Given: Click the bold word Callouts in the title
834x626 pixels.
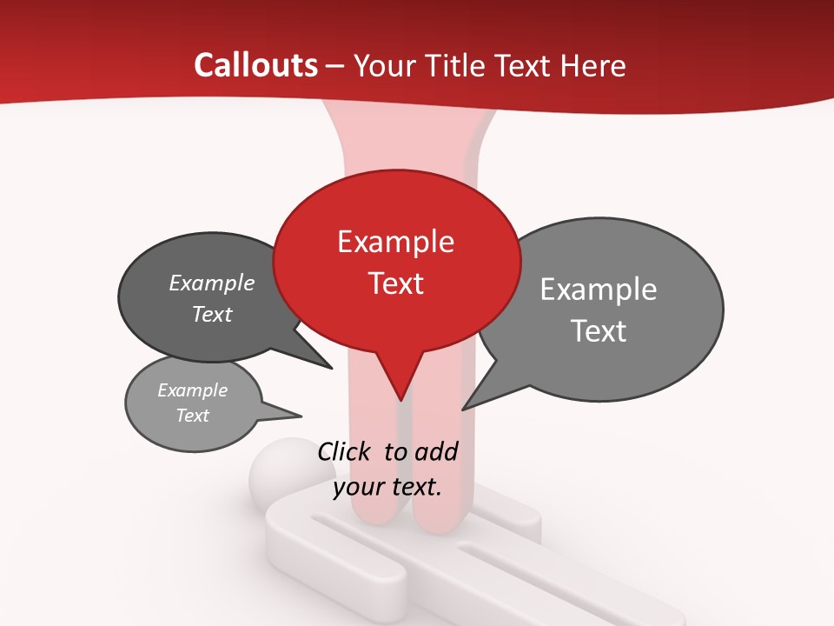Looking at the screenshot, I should (255, 65).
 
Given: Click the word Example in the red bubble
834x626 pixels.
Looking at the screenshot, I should (395, 242).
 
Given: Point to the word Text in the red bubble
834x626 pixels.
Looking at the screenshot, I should (395, 283).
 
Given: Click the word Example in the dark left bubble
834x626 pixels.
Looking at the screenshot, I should (211, 283).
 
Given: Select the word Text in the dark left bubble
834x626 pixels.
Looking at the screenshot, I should (211, 314).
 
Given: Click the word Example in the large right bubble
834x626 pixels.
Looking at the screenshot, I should (598, 289).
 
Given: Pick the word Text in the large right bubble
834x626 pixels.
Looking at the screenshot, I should (598, 331).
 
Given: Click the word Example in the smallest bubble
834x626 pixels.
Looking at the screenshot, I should (192, 390).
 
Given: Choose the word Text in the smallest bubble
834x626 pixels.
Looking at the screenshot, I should (192, 416).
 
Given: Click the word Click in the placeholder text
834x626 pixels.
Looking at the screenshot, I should (346, 451).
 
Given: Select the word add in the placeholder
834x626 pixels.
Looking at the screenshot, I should (436, 451).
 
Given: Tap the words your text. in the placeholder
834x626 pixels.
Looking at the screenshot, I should (387, 487).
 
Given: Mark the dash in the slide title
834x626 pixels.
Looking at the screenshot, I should (335, 66).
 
